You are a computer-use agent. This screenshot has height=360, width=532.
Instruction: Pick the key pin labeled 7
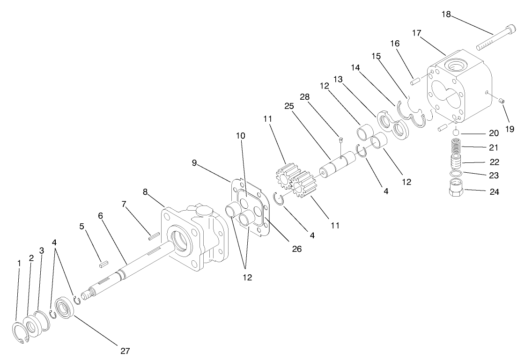coord(154,237)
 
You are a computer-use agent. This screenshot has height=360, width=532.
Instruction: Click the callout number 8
coord(145,191)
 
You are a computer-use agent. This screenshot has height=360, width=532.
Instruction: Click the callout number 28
coord(305,97)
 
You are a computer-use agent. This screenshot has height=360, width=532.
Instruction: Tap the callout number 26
coord(296,249)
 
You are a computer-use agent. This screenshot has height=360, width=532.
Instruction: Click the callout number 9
coord(195,163)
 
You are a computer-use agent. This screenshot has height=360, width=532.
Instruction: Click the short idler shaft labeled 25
coord(337,164)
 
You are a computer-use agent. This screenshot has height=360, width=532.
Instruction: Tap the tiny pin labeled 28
coord(340,139)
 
